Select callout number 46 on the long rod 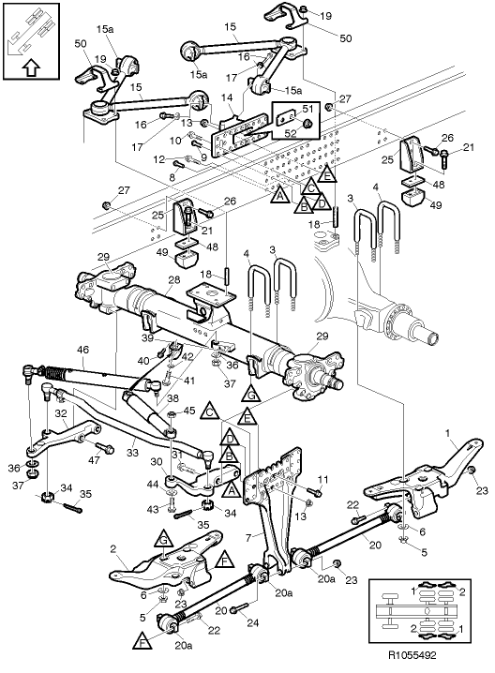point(82,351)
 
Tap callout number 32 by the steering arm point(60,411)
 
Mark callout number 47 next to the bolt point(94,460)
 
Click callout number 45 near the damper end point(188,411)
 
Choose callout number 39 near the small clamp point(146,337)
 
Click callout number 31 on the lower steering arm point(176,455)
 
